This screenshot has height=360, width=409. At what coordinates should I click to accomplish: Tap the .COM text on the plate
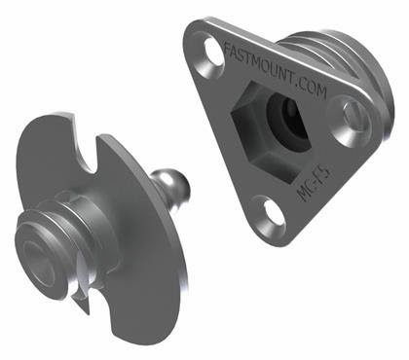click(312, 86)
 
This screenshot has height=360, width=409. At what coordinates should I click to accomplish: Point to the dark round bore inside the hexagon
click(286, 121)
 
